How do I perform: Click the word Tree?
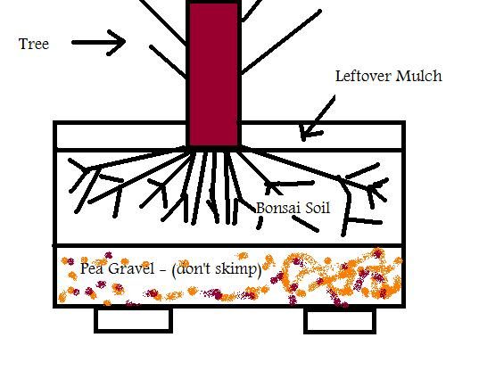[34, 44]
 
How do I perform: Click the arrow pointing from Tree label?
[98, 43]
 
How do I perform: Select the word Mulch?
[419, 76]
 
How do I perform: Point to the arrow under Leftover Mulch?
[318, 118]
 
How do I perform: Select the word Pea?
[89, 268]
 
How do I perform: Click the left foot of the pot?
[133, 320]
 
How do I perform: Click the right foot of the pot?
[340, 321]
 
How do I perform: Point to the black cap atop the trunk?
[214, 2]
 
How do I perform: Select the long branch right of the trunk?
[281, 42]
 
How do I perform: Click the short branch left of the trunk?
[168, 62]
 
